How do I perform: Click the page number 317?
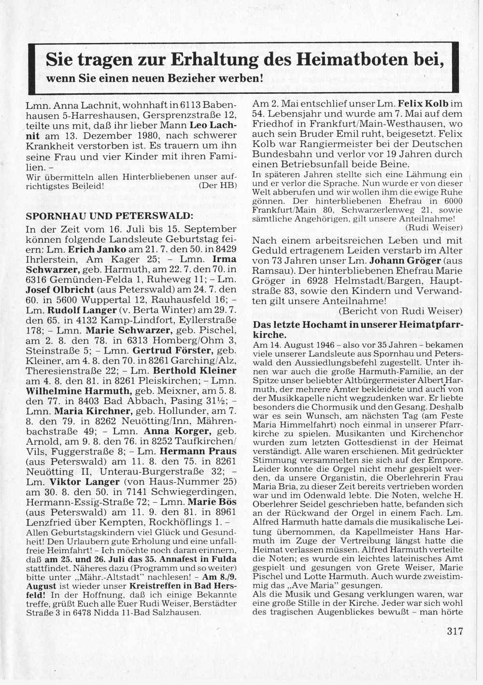coord(455,631)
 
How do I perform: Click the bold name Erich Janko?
coord(98,249)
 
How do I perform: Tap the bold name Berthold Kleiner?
coord(195,371)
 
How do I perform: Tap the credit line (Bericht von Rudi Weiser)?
coord(400,311)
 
